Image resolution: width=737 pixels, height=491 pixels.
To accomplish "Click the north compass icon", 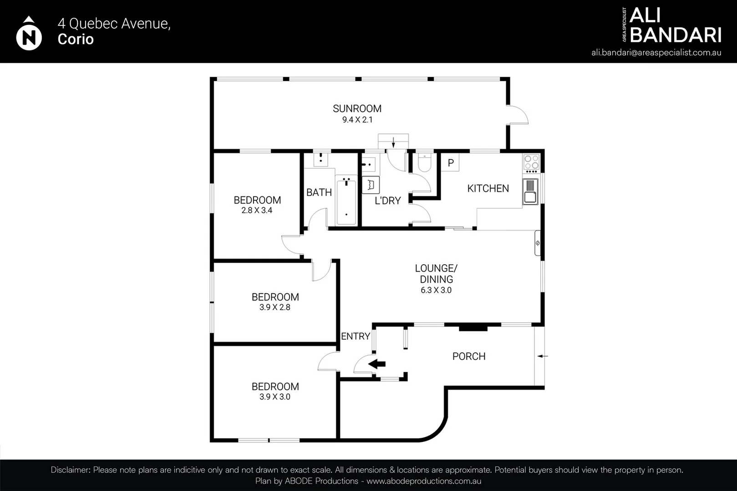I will click(29, 34).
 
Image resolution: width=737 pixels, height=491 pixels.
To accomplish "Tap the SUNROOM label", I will click(357, 109).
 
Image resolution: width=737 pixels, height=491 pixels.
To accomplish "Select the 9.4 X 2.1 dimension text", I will click(357, 120).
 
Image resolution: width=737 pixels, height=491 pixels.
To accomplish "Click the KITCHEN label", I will click(488, 188).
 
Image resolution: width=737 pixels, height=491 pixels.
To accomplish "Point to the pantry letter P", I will click(451, 163).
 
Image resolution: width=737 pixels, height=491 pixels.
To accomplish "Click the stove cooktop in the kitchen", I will click(531, 162).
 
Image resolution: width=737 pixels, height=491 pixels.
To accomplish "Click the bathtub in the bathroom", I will click(346, 201).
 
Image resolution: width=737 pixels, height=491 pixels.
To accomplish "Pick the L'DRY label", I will click(387, 200).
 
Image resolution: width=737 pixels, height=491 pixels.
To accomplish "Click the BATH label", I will click(319, 192).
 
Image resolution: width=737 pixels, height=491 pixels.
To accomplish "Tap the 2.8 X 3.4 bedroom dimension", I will click(257, 210).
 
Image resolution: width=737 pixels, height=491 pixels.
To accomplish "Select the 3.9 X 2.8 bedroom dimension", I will click(275, 307).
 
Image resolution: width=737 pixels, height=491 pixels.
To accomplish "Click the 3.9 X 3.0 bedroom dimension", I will click(275, 397).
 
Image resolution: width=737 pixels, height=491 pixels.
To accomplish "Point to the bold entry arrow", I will click(377, 364).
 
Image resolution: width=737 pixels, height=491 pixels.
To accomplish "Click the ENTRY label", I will click(356, 336).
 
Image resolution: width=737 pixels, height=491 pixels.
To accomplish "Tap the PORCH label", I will click(469, 356).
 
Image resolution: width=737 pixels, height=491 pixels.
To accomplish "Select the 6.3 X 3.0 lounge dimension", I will click(436, 291).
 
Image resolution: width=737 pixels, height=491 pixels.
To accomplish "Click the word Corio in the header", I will click(76, 39).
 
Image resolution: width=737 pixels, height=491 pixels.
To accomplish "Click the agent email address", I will click(656, 53).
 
